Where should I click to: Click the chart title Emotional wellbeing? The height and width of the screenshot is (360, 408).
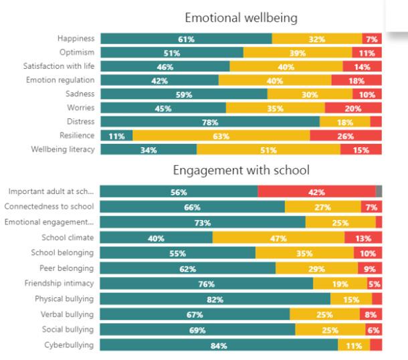coord(241,17)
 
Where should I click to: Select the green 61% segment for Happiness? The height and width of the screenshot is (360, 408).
coord(186,39)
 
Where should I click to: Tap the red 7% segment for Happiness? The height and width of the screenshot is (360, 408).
coord(372,39)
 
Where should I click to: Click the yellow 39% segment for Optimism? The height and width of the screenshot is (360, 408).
coord(293,53)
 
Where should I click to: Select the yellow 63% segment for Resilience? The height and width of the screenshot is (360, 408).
coord(221,136)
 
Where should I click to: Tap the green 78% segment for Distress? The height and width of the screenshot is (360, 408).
coord(210,122)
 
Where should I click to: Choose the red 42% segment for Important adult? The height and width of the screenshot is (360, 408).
coord(316,192)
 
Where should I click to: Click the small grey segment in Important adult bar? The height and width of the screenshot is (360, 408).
coord(379,192)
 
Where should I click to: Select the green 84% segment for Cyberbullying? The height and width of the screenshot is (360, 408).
coord(219,345)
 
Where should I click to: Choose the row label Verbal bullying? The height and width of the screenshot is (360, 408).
coord(66,314)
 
